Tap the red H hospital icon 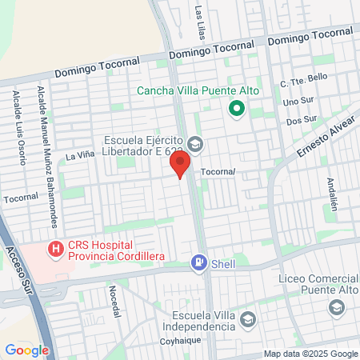[x=55, y=249]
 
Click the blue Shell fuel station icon [x=197, y=262]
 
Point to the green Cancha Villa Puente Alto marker [x=236, y=108]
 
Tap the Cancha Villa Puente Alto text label [x=198, y=90]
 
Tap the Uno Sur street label [x=298, y=102]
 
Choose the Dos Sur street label [x=300, y=120]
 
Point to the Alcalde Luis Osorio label [x=17, y=123]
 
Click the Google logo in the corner [x=26, y=350]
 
